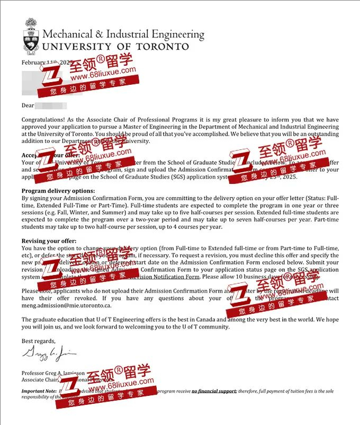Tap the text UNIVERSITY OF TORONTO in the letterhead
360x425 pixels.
coord(115,47)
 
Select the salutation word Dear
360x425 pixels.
coord(28,105)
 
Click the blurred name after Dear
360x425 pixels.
coord(51,105)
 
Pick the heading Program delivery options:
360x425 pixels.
coord(58,191)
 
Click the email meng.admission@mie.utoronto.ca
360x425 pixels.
coord(67,306)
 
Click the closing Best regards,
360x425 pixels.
coord(38,341)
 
